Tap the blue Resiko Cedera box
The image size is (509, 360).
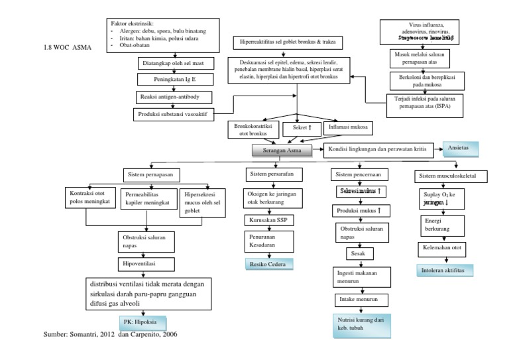265,264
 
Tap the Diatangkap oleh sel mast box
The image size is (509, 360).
170,64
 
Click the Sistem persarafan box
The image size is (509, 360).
270,175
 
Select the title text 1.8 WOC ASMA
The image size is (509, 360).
67,48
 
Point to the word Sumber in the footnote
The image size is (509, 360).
56,335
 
